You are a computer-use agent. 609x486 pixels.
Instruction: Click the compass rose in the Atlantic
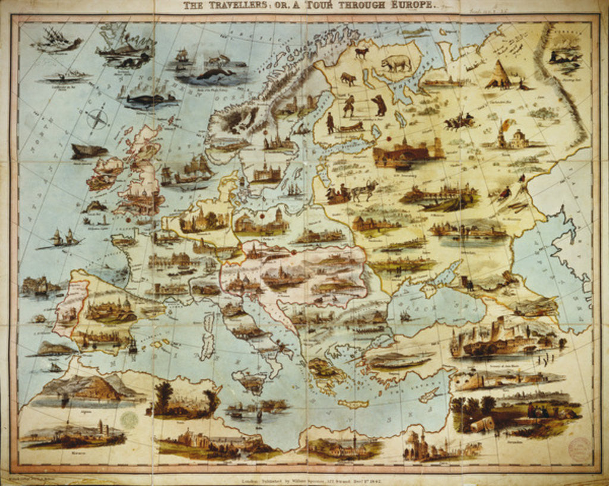(98, 119)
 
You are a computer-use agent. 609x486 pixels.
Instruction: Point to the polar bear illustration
(396, 63)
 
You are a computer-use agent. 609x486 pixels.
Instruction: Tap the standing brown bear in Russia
(379, 105)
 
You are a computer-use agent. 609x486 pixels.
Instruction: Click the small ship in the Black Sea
(406, 316)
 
